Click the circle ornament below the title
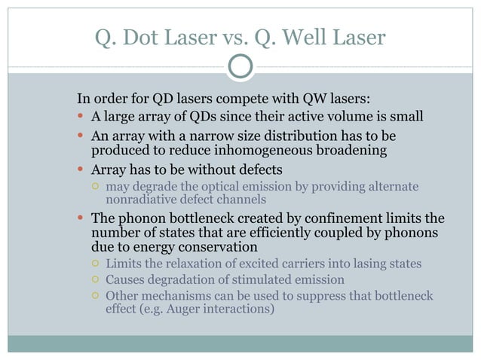pos(240,67)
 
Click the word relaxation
pos(186,264)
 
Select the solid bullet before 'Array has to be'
pos(81,169)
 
